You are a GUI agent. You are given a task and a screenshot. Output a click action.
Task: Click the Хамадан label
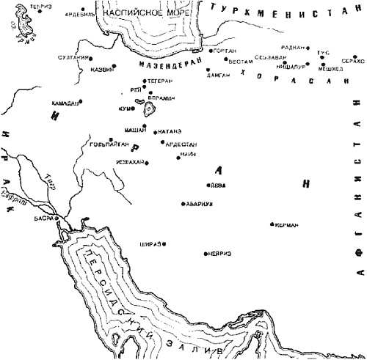pyautogui.click(x=65, y=103)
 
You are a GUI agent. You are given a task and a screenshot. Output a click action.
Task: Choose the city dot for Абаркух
pyautogui.click(x=182, y=203)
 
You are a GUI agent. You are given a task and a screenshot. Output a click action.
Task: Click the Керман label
pyautogui.click(x=288, y=225)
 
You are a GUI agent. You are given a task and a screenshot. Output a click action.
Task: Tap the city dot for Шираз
pyautogui.click(x=164, y=244)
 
